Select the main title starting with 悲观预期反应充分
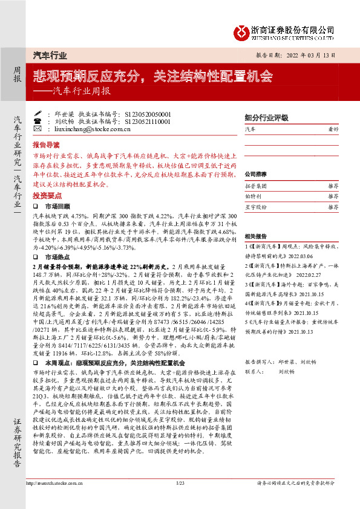[x=152, y=77]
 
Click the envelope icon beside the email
[x=39, y=129]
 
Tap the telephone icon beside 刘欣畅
[x=39, y=121]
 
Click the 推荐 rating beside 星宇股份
[x=332, y=207]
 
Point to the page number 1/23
[x=180, y=501]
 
